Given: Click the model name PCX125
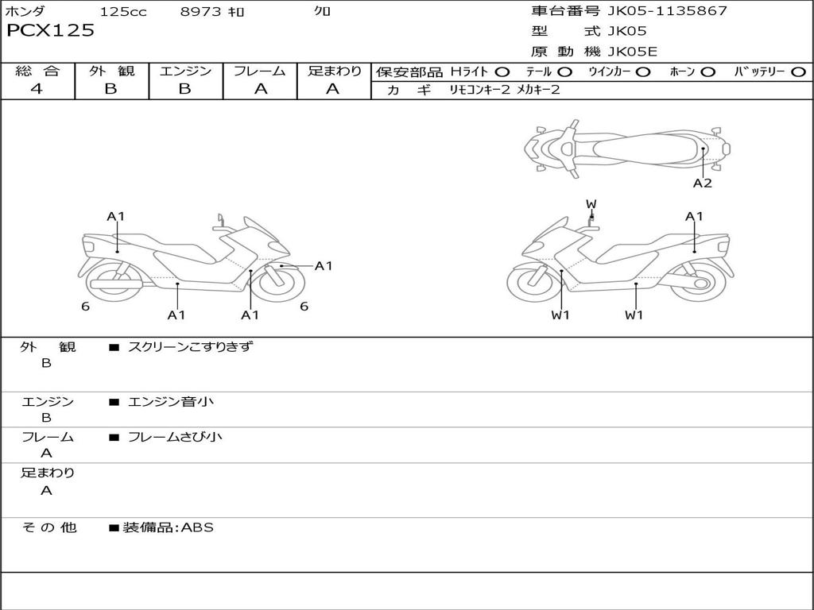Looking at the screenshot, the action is (50, 31).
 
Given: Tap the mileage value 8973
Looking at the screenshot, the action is (202, 11).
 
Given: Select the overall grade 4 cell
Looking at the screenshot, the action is (37, 89).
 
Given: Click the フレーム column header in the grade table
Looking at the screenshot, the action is (260, 71).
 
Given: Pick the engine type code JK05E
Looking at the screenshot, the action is (633, 52).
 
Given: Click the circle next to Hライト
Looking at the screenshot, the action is (502, 71).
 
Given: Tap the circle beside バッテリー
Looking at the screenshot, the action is (798, 71).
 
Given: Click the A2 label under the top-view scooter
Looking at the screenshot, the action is (702, 183).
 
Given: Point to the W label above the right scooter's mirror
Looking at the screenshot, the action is (591, 204).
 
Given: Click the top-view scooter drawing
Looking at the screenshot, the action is (626, 147).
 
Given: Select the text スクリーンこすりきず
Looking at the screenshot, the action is (190, 346).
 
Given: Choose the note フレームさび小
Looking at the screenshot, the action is (175, 437).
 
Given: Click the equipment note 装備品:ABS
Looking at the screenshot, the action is (168, 527).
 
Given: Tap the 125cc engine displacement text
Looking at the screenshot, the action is (123, 11).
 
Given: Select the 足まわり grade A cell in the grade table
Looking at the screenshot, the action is (333, 89).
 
